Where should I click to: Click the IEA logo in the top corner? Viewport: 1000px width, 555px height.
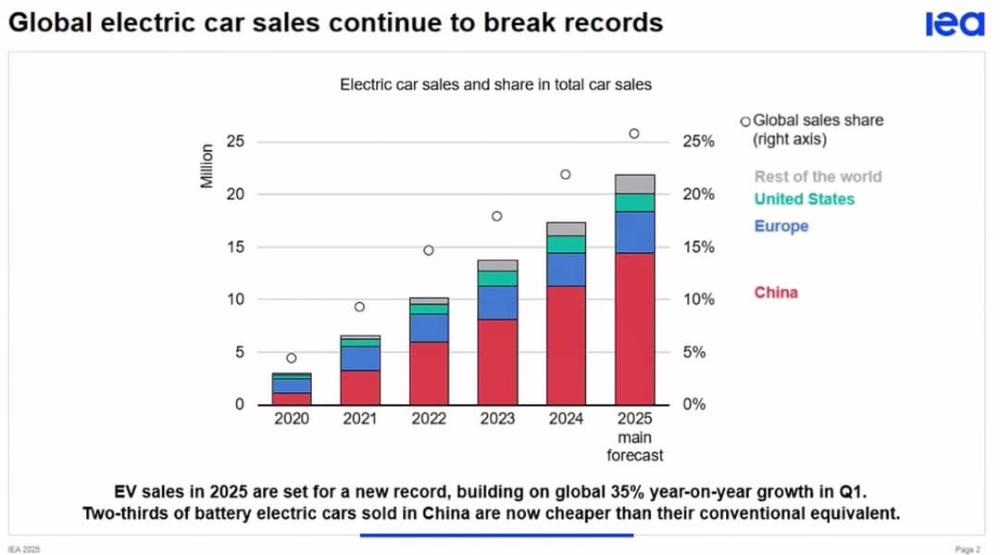tap(954, 23)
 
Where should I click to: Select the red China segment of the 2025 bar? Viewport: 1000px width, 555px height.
tap(634, 329)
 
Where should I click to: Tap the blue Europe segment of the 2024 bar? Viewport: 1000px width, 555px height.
tap(566, 270)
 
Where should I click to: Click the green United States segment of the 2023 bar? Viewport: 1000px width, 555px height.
tap(497, 278)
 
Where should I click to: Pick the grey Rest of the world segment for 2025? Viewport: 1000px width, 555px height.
tap(634, 183)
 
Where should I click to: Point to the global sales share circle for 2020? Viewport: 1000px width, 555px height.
tap(292, 358)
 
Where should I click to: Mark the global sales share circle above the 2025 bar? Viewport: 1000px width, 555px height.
tap(634, 133)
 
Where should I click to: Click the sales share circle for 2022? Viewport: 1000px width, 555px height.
tap(429, 250)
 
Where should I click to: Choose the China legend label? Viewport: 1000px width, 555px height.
tap(775, 293)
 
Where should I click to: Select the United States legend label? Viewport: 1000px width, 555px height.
tap(804, 199)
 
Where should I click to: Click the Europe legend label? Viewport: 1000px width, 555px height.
tap(781, 226)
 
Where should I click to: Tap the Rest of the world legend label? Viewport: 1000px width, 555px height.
tap(818, 176)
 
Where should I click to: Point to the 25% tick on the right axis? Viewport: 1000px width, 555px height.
tap(699, 142)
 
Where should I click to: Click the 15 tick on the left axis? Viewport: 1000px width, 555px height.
tap(237, 247)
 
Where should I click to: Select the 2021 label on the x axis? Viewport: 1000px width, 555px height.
tap(360, 419)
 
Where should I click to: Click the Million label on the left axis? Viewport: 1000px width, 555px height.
tap(207, 167)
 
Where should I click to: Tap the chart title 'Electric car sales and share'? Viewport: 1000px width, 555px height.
tap(495, 84)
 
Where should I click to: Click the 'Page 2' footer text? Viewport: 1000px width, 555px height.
tap(967, 549)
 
